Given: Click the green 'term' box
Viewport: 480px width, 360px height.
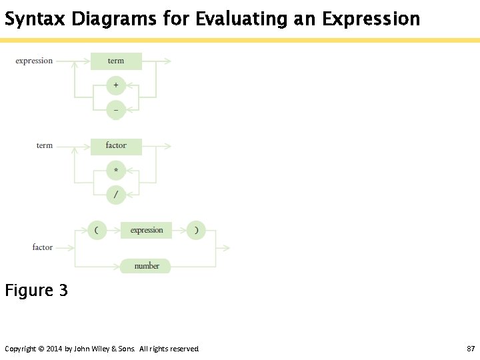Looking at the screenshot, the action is coord(116,61).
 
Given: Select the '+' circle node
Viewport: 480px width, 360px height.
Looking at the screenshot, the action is coord(116,85).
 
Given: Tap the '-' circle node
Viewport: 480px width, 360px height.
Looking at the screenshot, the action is coord(116,109).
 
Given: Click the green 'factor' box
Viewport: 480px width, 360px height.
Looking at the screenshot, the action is coord(116,146).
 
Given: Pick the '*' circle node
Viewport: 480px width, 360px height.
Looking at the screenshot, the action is coord(116,171).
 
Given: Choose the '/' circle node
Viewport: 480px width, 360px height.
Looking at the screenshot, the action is coord(116,195).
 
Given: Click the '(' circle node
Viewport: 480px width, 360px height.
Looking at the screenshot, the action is coord(97,231).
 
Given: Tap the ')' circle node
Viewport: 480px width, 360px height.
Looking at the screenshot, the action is coord(196,231).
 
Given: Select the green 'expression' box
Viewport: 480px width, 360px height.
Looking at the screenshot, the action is coord(147,231).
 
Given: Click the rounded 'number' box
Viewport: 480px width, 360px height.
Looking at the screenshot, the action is coord(146,266).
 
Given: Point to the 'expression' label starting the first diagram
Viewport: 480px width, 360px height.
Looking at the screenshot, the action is coord(34,61).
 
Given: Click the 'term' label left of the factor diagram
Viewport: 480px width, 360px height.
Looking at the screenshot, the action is coord(45,145).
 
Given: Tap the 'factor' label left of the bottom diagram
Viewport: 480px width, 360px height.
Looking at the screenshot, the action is coord(43,247).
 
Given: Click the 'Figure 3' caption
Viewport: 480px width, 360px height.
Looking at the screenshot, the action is coord(37,291).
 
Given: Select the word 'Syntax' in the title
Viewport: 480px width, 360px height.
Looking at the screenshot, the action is coord(34,19).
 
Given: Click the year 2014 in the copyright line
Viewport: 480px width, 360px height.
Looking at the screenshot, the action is coord(55,349).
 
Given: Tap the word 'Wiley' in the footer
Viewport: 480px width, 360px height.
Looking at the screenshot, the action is coord(100,349).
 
